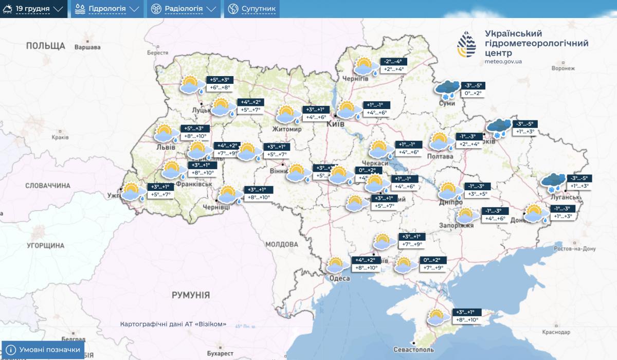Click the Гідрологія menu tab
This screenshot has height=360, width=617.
coord(107,9)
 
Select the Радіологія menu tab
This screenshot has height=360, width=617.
coord(184,9)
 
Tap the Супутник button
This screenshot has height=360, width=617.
coord(252,9)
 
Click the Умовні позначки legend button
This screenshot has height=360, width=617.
coord(43,350)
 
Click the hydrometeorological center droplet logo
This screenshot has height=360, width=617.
coord(467,45)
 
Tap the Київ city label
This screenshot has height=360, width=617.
coord(342,124)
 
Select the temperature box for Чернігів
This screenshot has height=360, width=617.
coord(392,65)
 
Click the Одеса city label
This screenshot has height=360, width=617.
coord(340,278)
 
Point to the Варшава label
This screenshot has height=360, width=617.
coord(87,47)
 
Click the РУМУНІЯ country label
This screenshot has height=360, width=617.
coord(191,295)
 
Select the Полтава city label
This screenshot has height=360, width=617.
coord(441,156)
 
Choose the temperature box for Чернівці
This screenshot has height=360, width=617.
coord(258,193)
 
